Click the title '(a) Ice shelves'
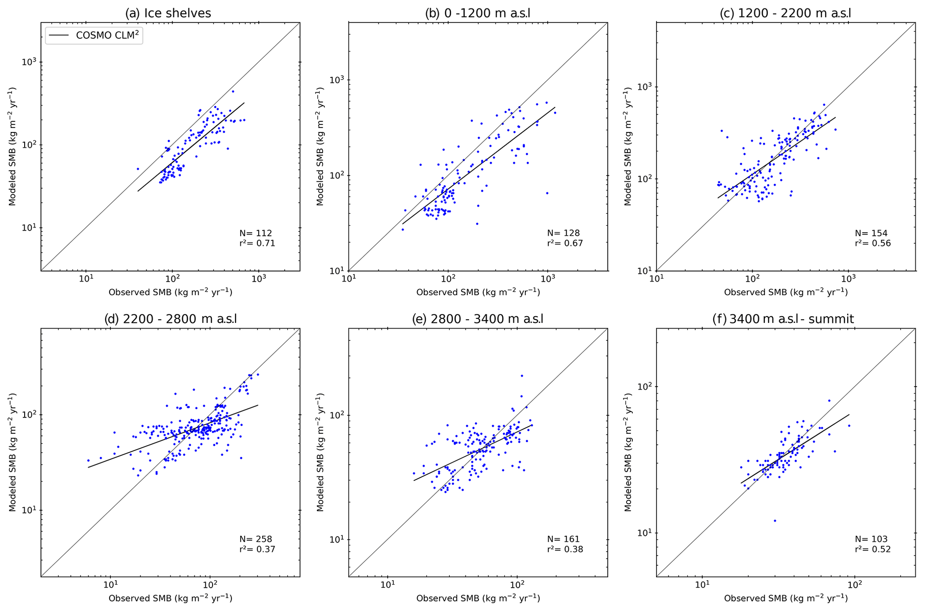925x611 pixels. tap(168, 13)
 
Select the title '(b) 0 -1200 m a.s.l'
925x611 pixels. tap(477, 13)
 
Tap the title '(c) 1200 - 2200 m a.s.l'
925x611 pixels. tap(785, 13)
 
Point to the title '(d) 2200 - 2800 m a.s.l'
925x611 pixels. tap(171, 319)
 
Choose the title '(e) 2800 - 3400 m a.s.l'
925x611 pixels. tap(477, 319)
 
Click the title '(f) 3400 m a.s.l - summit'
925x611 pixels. tap(783, 319)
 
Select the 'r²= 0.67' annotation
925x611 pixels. tap(565, 243)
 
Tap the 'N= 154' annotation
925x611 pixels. tap(871, 233)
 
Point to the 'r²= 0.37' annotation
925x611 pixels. tap(257, 549)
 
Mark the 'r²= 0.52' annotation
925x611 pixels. tap(873, 549)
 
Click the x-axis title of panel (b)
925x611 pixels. tap(478, 293)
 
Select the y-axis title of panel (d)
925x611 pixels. tap(13, 452)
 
